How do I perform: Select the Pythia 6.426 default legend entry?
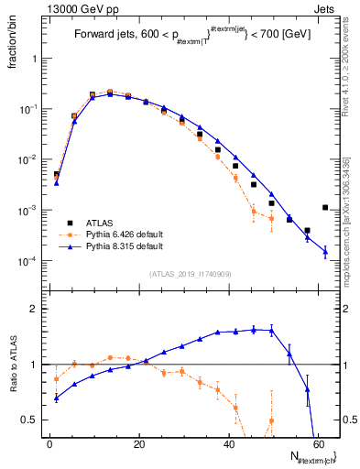(x=123, y=234)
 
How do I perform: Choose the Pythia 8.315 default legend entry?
(x=123, y=246)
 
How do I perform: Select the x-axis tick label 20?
(x=140, y=442)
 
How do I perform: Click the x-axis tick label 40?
(x=231, y=442)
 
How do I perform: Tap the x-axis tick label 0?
(x=49, y=442)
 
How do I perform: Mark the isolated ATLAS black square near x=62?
(x=325, y=208)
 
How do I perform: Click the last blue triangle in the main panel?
(x=325, y=252)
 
